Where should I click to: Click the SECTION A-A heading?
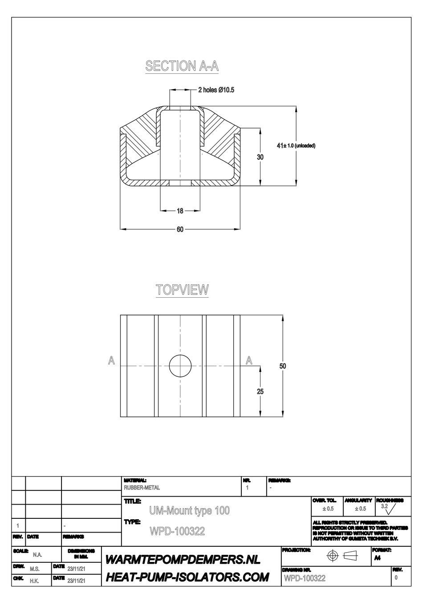pyautogui.click(x=182, y=66)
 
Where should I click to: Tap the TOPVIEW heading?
pyautogui.click(x=182, y=290)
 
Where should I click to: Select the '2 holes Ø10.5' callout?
pyautogui.click(x=216, y=90)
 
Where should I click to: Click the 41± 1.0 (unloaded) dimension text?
pyautogui.click(x=296, y=145)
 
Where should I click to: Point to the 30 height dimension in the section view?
pyautogui.click(x=260, y=157)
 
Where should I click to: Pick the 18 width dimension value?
pyautogui.click(x=180, y=211)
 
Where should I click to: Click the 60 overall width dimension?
pyautogui.click(x=180, y=230)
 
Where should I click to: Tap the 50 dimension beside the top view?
pyautogui.click(x=283, y=366)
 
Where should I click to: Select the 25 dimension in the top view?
pyautogui.click(x=260, y=392)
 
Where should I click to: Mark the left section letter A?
pyautogui.click(x=111, y=361)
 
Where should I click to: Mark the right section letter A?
pyautogui.click(x=249, y=361)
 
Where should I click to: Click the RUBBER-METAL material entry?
pyautogui.click(x=142, y=488)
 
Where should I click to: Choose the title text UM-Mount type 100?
pyautogui.click(x=189, y=510)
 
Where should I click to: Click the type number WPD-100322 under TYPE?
pyautogui.click(x=178, y=531)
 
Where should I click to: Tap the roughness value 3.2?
pyautogui.click(x=384, y=506)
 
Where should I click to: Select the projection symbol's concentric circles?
pyautogui.click(x=332, y=555)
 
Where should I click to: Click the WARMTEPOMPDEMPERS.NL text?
pyautogui.click(x=183, y=559)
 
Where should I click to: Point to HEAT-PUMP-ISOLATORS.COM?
pyautogui.click(x=187, y=578)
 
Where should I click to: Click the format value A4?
pyautogui.click(x=377, y=558)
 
